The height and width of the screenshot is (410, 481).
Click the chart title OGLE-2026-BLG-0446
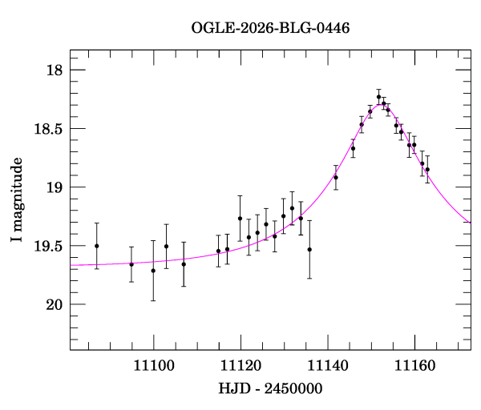click(x=270, y=28)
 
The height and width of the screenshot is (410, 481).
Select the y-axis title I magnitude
click(x=17, y=199)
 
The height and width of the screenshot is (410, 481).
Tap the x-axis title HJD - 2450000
click(x=270, y=388)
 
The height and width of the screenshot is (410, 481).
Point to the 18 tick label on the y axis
click(x=55, y=70)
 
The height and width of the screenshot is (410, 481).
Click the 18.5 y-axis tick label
click(x=48, y=129)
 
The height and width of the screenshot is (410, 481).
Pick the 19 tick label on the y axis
click(x=55, y=187)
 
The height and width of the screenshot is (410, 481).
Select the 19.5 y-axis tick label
click(x=48, y=246)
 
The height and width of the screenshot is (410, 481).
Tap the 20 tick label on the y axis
click(x=55, y=304)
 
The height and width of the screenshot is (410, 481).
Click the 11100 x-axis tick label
click(x=154, y=366)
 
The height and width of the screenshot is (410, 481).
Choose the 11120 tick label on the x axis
click(x=240, y=366)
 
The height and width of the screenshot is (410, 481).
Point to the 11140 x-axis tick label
click(x=328, y=366)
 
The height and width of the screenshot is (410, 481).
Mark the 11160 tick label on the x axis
click(x=414, y=366)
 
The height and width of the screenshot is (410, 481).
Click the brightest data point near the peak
click(x=379, y=97)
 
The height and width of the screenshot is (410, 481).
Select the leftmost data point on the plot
click(x=97, y=246)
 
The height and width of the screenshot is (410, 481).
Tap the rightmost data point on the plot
click(x=427, y=170)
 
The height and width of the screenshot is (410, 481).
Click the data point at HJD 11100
click(x=153, y=271)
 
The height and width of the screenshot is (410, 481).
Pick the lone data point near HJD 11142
click(x=336, y=178)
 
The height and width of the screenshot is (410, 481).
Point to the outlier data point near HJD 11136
click(x=309, y=249)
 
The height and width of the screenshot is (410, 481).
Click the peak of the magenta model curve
click(x=380, y=105)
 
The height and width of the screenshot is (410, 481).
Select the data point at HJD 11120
click(x=240, y=219)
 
